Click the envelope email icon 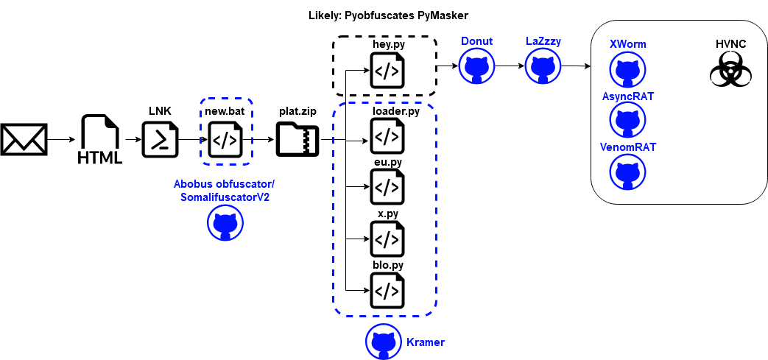(x=24, y=139)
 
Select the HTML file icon (x=100, y=139)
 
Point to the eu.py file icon (x=387, y=187)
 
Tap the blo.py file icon (x=387, y=289)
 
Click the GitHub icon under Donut (x=476, y=68)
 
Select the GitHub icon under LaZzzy (x=543, y=68)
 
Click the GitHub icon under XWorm (x=627, y=70)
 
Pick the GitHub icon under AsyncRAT (x=627, y=121)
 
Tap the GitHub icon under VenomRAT (x=627, y=172)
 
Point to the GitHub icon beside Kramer (x=384, y=341)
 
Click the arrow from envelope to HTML (x=62, y=139)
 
